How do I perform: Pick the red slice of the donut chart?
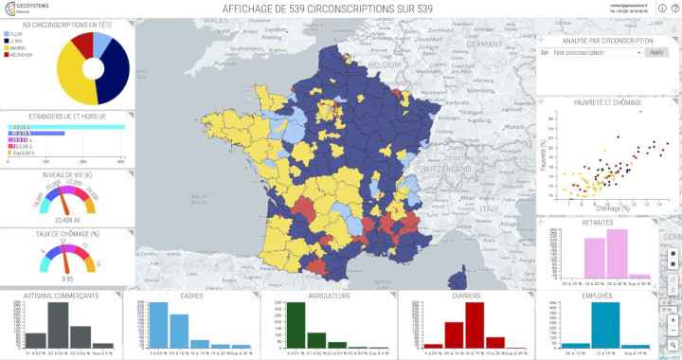(x=83, y=44)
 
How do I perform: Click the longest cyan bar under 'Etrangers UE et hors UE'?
(x=65, y=127)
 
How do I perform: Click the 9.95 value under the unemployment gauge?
(x=66, y=279)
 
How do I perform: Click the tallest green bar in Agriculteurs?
(x=296, y=326)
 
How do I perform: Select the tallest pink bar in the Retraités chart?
(x=616, y=253)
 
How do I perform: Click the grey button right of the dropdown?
(x=656, y=53)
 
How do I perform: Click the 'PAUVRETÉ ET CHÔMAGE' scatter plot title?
(x=606, y=101)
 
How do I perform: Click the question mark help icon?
(x=674, y=9)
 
